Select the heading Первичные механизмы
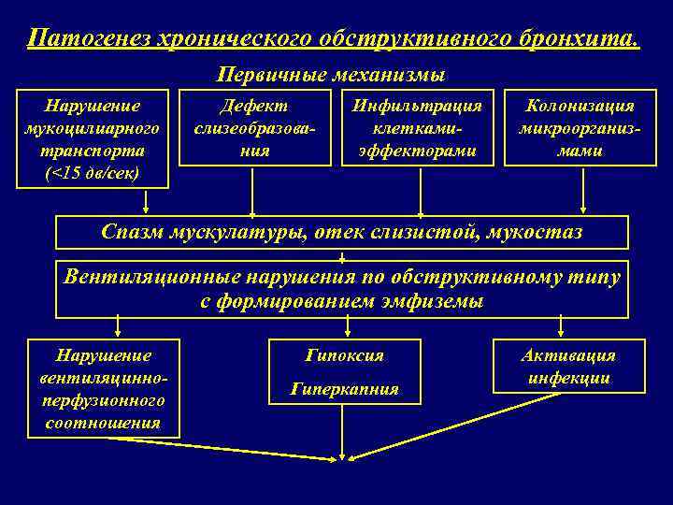(x=331, y=73)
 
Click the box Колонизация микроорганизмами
(x=580, y=128)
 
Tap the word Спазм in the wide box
(x=131, y=231)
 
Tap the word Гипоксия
(x=344, y=355)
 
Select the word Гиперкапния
(x=344, y=388)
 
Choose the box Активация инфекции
(x=569, y=366)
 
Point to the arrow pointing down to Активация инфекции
(x=561, y=325)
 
